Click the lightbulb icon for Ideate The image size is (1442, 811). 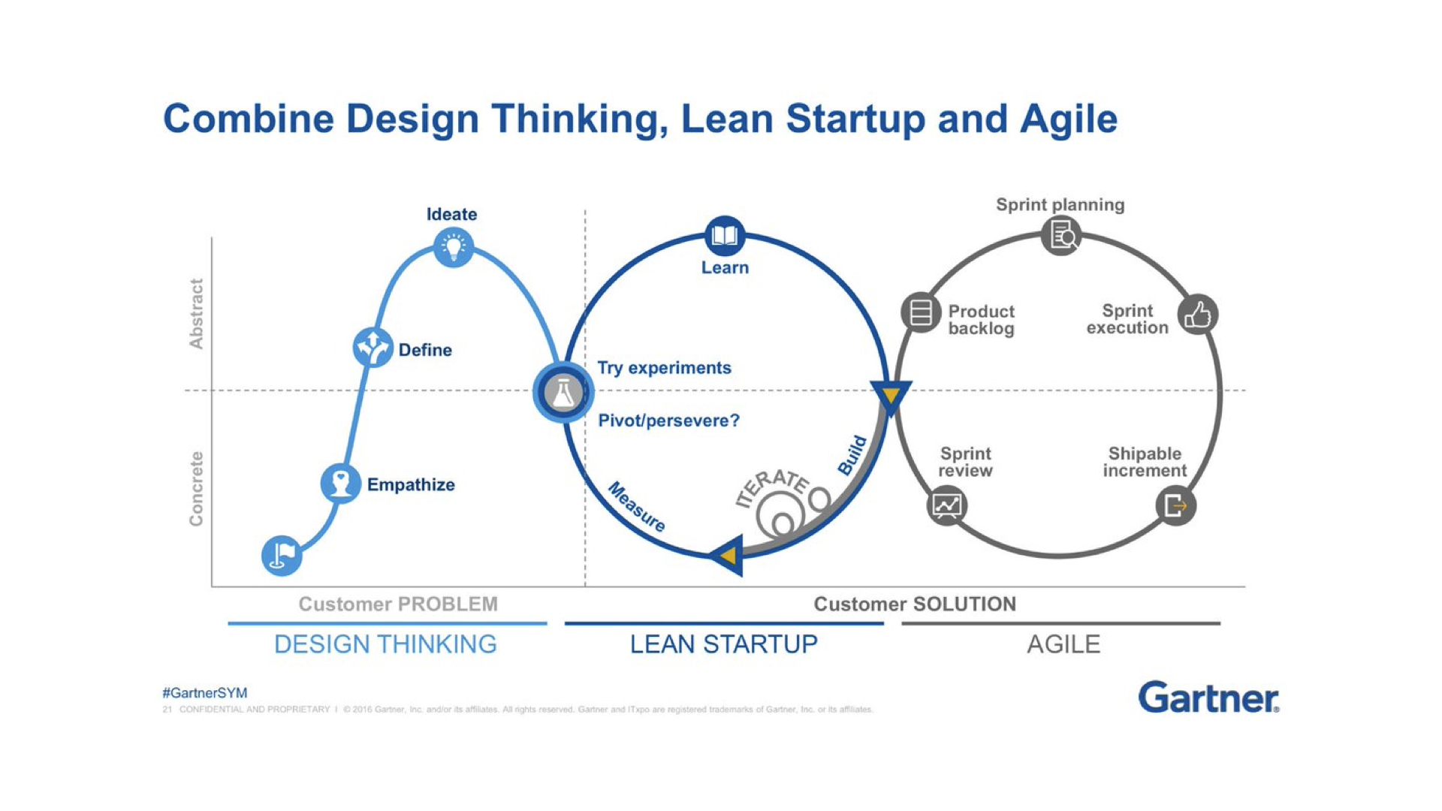[x=454, y=247]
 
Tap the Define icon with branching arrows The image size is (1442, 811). [x=373, y=347]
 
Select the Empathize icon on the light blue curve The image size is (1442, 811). [x=340, y=483]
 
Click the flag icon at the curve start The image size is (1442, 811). [x=282, y=556]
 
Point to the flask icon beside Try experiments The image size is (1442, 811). [x=563, y=392]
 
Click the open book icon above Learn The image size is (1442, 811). [x=725, y=237]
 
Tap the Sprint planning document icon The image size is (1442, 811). [x=1061, y=236]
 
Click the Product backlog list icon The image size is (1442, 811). [x=921, y=312]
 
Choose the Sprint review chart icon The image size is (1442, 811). [x=946, y=505]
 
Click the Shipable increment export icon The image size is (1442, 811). [x=1175, y=505]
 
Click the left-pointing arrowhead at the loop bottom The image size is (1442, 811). [x=727, y=556]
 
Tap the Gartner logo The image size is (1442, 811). [x=1208, y=698]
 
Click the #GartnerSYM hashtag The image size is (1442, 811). [x=204, y=693]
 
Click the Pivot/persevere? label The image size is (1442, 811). [x=668, y=421]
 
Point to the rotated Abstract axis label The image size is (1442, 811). [x=196, y=314]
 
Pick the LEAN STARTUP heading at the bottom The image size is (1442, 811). [x=723, y=644]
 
